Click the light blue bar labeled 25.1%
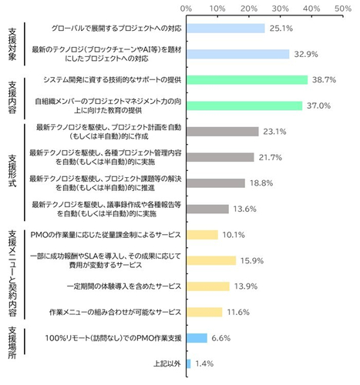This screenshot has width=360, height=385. click(225, 28)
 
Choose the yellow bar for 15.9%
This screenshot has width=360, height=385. click(210, 260)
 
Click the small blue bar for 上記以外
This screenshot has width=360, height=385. click(187, 363)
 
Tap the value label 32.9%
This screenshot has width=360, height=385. click(301, 54)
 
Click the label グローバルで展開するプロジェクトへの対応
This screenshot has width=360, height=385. click(106, 28)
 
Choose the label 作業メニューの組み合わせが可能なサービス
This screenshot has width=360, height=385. click(114, 312)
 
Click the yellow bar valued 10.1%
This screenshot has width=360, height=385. click(202, 235)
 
